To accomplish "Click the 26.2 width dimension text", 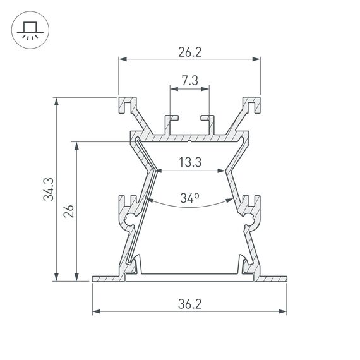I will pyautogui.click(x=189, y=52).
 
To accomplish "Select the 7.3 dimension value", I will pyautogui.click(x=189, y=80).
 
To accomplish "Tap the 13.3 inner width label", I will pyautogui.click(x=189, y=163).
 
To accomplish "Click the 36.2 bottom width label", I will pyautogui.click(x=189, y=303).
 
